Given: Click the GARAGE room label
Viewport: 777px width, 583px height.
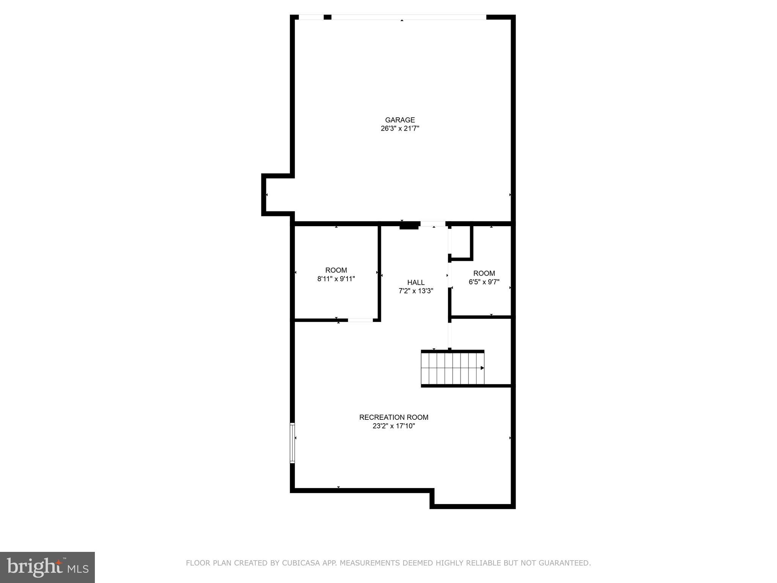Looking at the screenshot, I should point(400,120).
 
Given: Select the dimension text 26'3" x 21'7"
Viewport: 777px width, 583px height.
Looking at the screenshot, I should point(400,129).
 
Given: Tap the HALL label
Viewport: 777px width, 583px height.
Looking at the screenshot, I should point(416,282).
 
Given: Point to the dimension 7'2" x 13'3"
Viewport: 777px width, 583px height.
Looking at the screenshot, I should point(416,291).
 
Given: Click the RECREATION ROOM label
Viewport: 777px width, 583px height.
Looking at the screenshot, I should point(393,417).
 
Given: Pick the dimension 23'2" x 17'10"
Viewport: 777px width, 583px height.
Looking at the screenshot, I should point(393,426).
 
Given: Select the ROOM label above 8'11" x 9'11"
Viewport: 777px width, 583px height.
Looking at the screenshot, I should point(336,270).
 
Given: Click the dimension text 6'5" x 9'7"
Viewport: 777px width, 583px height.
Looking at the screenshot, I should point(484,282).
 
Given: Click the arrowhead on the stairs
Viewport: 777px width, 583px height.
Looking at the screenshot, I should point(482,368).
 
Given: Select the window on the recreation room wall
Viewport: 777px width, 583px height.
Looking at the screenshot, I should point(293,443).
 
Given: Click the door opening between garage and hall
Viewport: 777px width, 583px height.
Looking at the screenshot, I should point(433,224).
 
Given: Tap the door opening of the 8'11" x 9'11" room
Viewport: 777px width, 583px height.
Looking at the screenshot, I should point(360,320).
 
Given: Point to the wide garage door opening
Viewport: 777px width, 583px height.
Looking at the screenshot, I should point(409,17).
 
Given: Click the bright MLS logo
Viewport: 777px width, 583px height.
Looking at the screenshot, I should point(47,567).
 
